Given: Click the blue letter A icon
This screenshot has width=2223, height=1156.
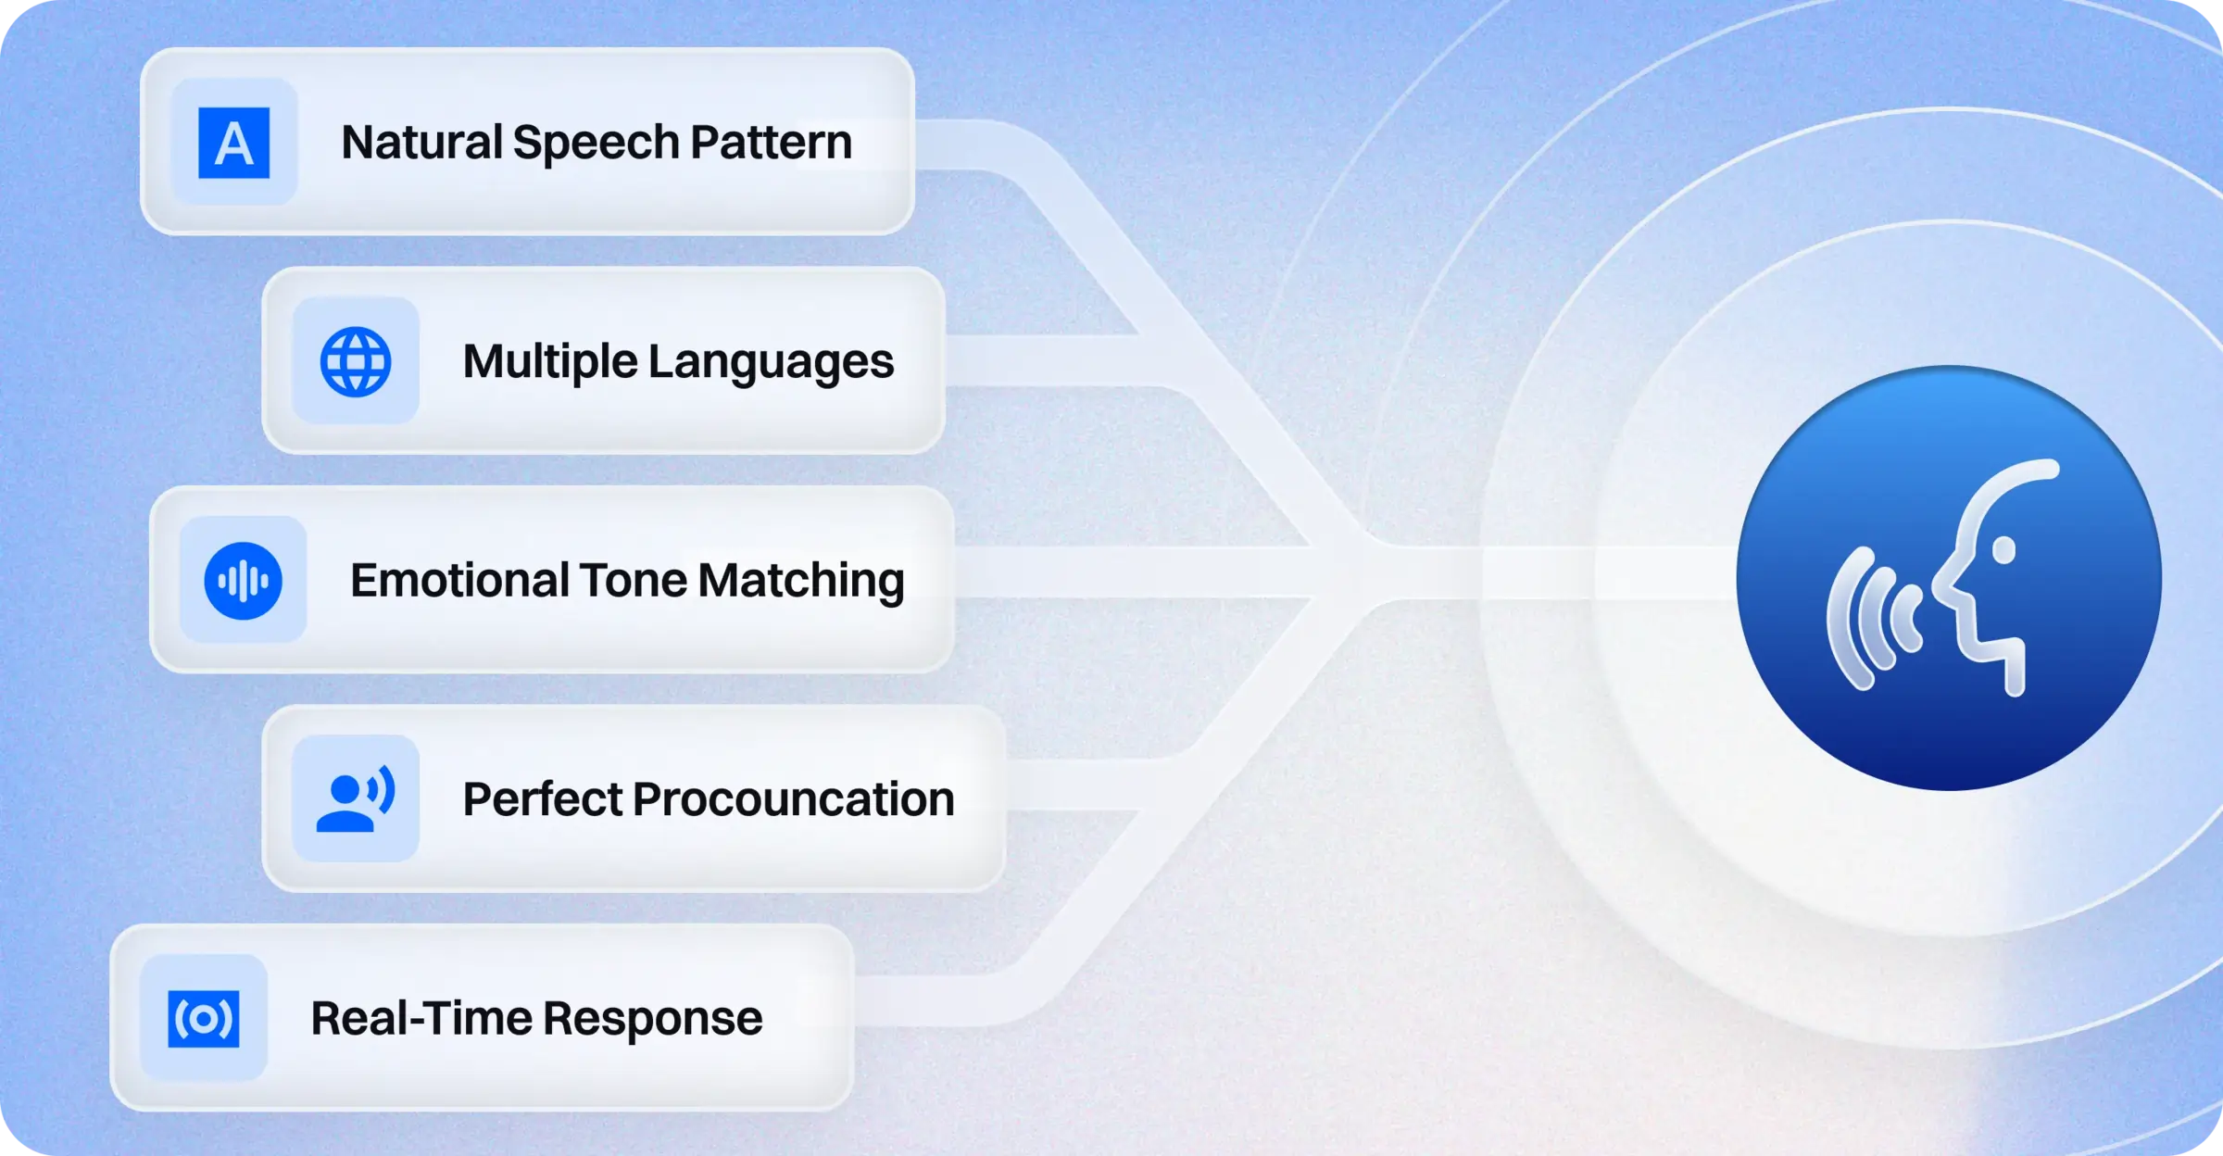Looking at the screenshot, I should pyautogui.click(x=234, y=143).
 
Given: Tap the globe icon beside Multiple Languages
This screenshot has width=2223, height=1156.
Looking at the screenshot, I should pyautogui.click(x=356, y=361).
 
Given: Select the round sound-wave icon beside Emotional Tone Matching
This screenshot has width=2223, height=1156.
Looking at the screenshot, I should pyautogui.click(x=243, y=581).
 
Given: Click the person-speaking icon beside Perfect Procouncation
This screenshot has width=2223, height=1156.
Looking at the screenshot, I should pyautogui.click(x=356, y=798).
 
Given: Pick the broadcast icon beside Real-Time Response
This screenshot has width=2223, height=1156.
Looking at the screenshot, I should pyautogui.click(x=204, y=1019).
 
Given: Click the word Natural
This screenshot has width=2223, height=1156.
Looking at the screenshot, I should pyautogui.click(x=421, y=143).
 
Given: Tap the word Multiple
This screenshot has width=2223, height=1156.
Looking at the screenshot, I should pyautogui.click(x=548, y=361).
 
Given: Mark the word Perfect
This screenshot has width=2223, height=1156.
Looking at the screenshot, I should pyautogui.click(x=542, y=799).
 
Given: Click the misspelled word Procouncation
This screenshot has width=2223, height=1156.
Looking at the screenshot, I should pyautogui.click(x=793, y=799).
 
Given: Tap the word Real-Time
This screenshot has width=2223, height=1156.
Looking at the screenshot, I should pyautogui.click(x=421, y=1019).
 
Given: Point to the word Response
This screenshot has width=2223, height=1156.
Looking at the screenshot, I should pyautogui.click(x=653, y=1019).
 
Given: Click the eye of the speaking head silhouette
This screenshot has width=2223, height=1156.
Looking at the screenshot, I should pyautogui.click(x=2003, y=550).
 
